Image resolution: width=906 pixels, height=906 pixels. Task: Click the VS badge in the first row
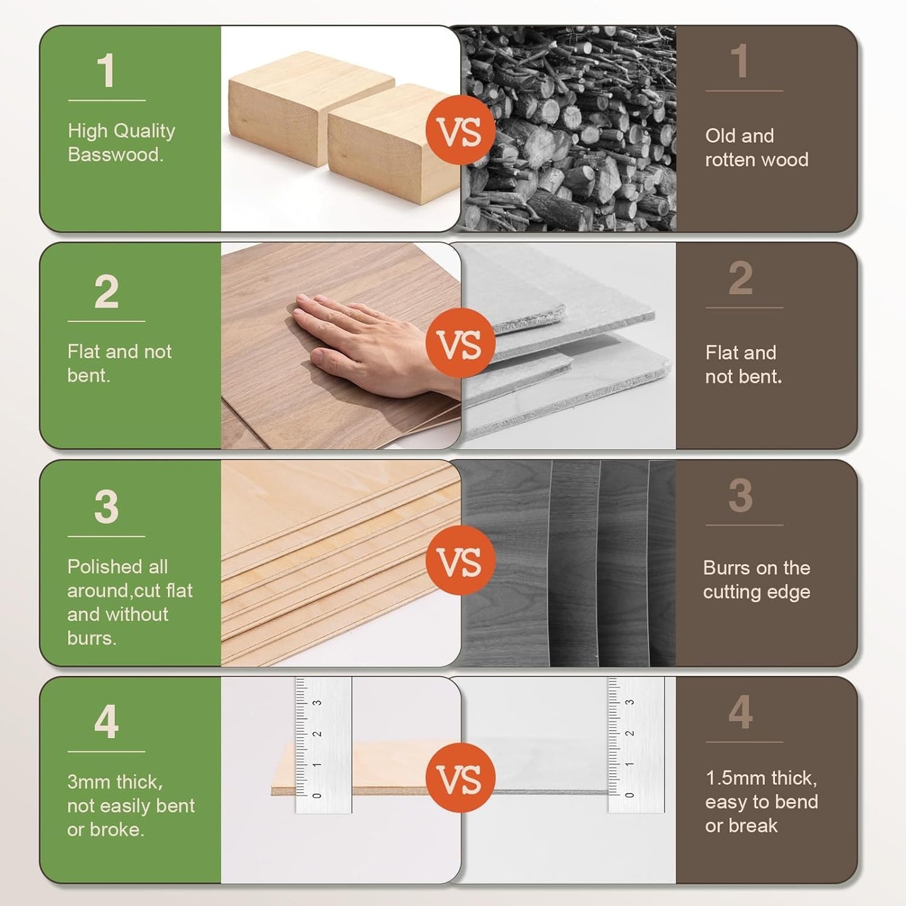pos(460,130)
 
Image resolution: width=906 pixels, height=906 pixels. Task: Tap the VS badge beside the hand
pos(460,343)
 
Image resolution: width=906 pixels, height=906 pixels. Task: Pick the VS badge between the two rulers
pos(460,777)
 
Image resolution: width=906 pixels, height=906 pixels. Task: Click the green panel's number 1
pos(106,71)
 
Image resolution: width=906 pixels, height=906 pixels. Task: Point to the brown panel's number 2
pos(740,278)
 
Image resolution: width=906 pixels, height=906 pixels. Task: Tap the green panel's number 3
pos(106,507)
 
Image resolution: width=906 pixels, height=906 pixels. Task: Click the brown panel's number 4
pos(740,712)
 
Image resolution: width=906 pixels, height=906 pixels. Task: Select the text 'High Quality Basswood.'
pos(121,142)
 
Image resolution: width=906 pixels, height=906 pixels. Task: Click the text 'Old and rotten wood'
pos(756,147)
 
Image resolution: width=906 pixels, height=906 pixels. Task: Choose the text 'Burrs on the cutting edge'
pos(756,579)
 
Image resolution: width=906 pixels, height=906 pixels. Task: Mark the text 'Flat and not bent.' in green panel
pos(119,363)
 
